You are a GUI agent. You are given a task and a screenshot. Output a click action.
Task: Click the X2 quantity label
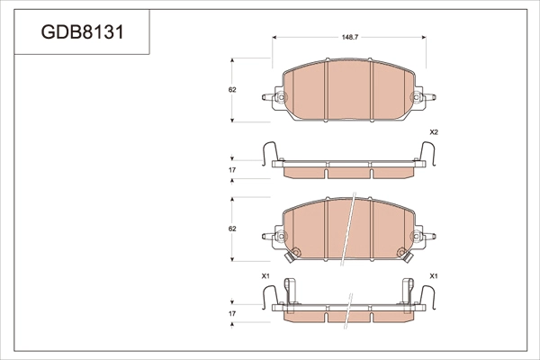433,132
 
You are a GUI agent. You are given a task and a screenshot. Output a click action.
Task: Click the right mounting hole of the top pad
416,97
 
